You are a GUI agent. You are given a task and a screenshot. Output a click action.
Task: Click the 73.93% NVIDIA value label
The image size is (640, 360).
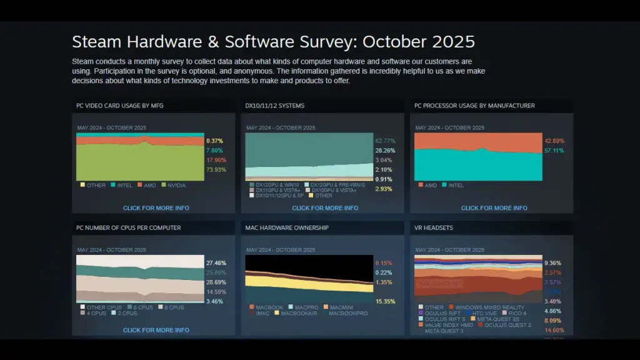pos(216,170)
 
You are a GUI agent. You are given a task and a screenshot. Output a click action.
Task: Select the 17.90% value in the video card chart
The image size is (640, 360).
pos(216,160)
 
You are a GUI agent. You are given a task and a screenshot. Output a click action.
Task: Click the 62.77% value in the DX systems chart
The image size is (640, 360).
pos(385,141)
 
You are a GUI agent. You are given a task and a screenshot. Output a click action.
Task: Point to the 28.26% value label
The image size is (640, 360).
pos(385,151)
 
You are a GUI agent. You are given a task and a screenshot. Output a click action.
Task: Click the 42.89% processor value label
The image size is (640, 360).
pos(554,141)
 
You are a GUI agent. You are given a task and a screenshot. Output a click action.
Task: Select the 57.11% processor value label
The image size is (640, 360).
pos(554,151)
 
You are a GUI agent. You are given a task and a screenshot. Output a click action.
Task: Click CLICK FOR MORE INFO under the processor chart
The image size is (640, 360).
pos(494,208)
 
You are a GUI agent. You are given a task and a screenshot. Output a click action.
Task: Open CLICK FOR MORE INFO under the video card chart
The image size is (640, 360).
pos(156,208)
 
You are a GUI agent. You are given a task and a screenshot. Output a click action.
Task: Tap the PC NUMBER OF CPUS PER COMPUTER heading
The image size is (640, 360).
pos(129,228)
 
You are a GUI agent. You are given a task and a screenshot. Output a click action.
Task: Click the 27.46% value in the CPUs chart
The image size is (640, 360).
pos(216,263)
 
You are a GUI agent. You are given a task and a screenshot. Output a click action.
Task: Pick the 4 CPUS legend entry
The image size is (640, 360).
pos(98,313)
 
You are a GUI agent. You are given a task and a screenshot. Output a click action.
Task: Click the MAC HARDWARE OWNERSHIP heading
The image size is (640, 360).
pos(287,228)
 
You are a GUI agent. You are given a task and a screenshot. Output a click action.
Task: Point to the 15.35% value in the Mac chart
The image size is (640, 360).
pos(385,302)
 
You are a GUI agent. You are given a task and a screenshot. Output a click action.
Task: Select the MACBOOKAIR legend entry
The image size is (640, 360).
pos(299,313)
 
